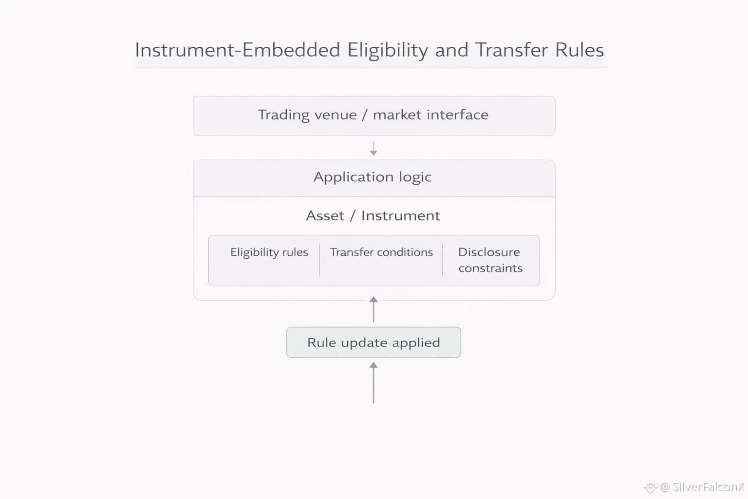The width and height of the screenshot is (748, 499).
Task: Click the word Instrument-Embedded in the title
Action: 237,50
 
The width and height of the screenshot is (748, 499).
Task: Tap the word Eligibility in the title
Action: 388,50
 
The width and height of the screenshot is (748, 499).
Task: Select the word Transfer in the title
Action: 511,50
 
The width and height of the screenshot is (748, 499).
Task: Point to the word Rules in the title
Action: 580,50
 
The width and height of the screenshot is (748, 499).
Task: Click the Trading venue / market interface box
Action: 374,115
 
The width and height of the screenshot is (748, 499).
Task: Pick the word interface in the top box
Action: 458,115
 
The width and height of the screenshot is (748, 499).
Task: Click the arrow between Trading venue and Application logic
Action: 374,148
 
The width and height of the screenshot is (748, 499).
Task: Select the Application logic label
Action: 373,177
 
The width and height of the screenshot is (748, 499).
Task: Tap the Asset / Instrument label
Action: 373,216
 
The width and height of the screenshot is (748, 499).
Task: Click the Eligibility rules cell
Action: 269,252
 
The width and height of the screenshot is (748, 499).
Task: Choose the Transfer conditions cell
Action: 381,252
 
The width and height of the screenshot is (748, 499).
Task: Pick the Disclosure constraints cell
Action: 490,260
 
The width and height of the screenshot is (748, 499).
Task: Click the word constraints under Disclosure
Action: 490,269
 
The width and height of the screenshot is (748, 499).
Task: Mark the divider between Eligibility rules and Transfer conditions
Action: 319,260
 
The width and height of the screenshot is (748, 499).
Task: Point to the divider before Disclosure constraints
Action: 443,260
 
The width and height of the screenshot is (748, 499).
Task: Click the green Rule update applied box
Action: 374,343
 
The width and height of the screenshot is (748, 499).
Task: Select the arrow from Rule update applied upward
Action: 374,309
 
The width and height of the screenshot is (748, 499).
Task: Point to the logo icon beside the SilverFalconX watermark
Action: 650,486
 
